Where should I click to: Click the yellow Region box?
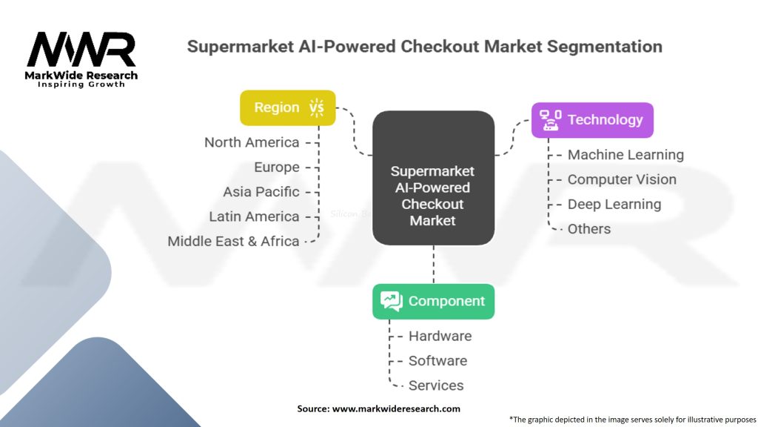[287, 107]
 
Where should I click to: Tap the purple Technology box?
[592, 119]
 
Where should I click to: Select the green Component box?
[433, 301]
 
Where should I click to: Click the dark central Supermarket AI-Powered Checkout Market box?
[433, 178]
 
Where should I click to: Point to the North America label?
[252, 142]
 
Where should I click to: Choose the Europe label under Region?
[276, 167]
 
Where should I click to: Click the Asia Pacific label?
[261, 191]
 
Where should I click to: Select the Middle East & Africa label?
[233, 241]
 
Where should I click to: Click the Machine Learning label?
[625, 155]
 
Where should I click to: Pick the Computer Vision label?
[622, 179]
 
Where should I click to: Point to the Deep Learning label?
[614, 204]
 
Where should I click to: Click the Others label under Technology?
[589, 229]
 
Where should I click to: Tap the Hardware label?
[440, 336]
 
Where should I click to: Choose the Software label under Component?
[437, 360]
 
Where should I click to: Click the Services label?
[436, 385]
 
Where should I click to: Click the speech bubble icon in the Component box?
[391, 301]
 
